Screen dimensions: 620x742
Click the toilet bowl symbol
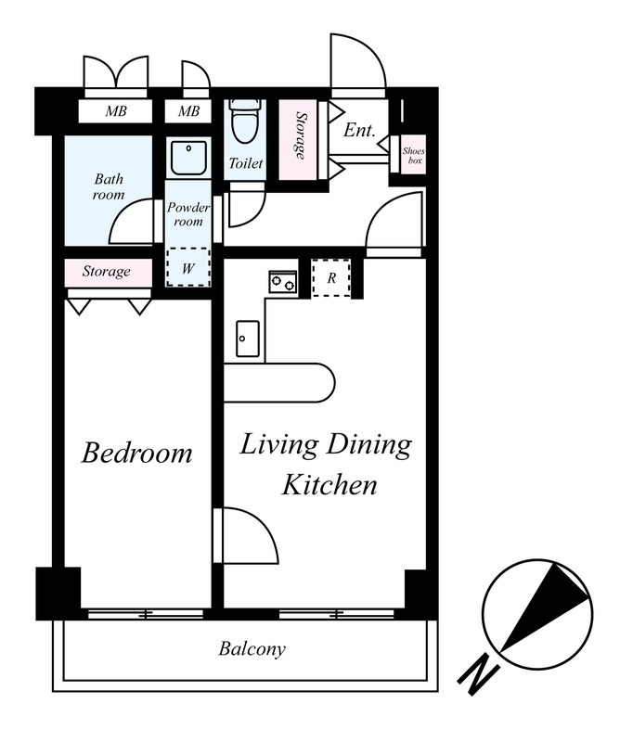pyautogui.click(x=245, y=121)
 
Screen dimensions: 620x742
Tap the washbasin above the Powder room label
pyautogui.click(x=188, y=158)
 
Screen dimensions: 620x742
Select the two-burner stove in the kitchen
pyautogui.click(x=283, y=283)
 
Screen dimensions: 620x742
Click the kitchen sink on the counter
pyautogui.click(x=247, y=339)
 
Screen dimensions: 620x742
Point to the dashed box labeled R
pyautogui.click(x=331, y=277)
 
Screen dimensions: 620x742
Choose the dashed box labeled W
pyautogui.click(x=188, y=267)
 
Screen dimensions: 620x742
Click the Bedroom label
pyautogui.click(x=136, y=453)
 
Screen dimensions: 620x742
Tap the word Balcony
pyautogui.click(x=252, y=648)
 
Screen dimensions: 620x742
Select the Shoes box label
pyautogui.click(x=414, y=156)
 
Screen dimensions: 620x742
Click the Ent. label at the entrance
pyautogui.click(x=359, y=130)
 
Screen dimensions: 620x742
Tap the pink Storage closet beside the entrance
pyautogui.click(x=298, y=140)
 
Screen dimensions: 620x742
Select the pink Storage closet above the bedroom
pyautogui.click(x=109, y=273)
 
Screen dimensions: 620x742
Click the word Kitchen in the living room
pyautogui.click(x=329, y=485)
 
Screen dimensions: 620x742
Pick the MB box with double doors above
pyautogui.click(x=115, y=111)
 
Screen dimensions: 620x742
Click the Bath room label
pyautogui.click(x=109, y=186)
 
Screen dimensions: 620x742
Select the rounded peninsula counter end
pyautogui.click(x=322, y=383)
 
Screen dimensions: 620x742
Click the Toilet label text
pyautogui.click(x=245, y=163)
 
